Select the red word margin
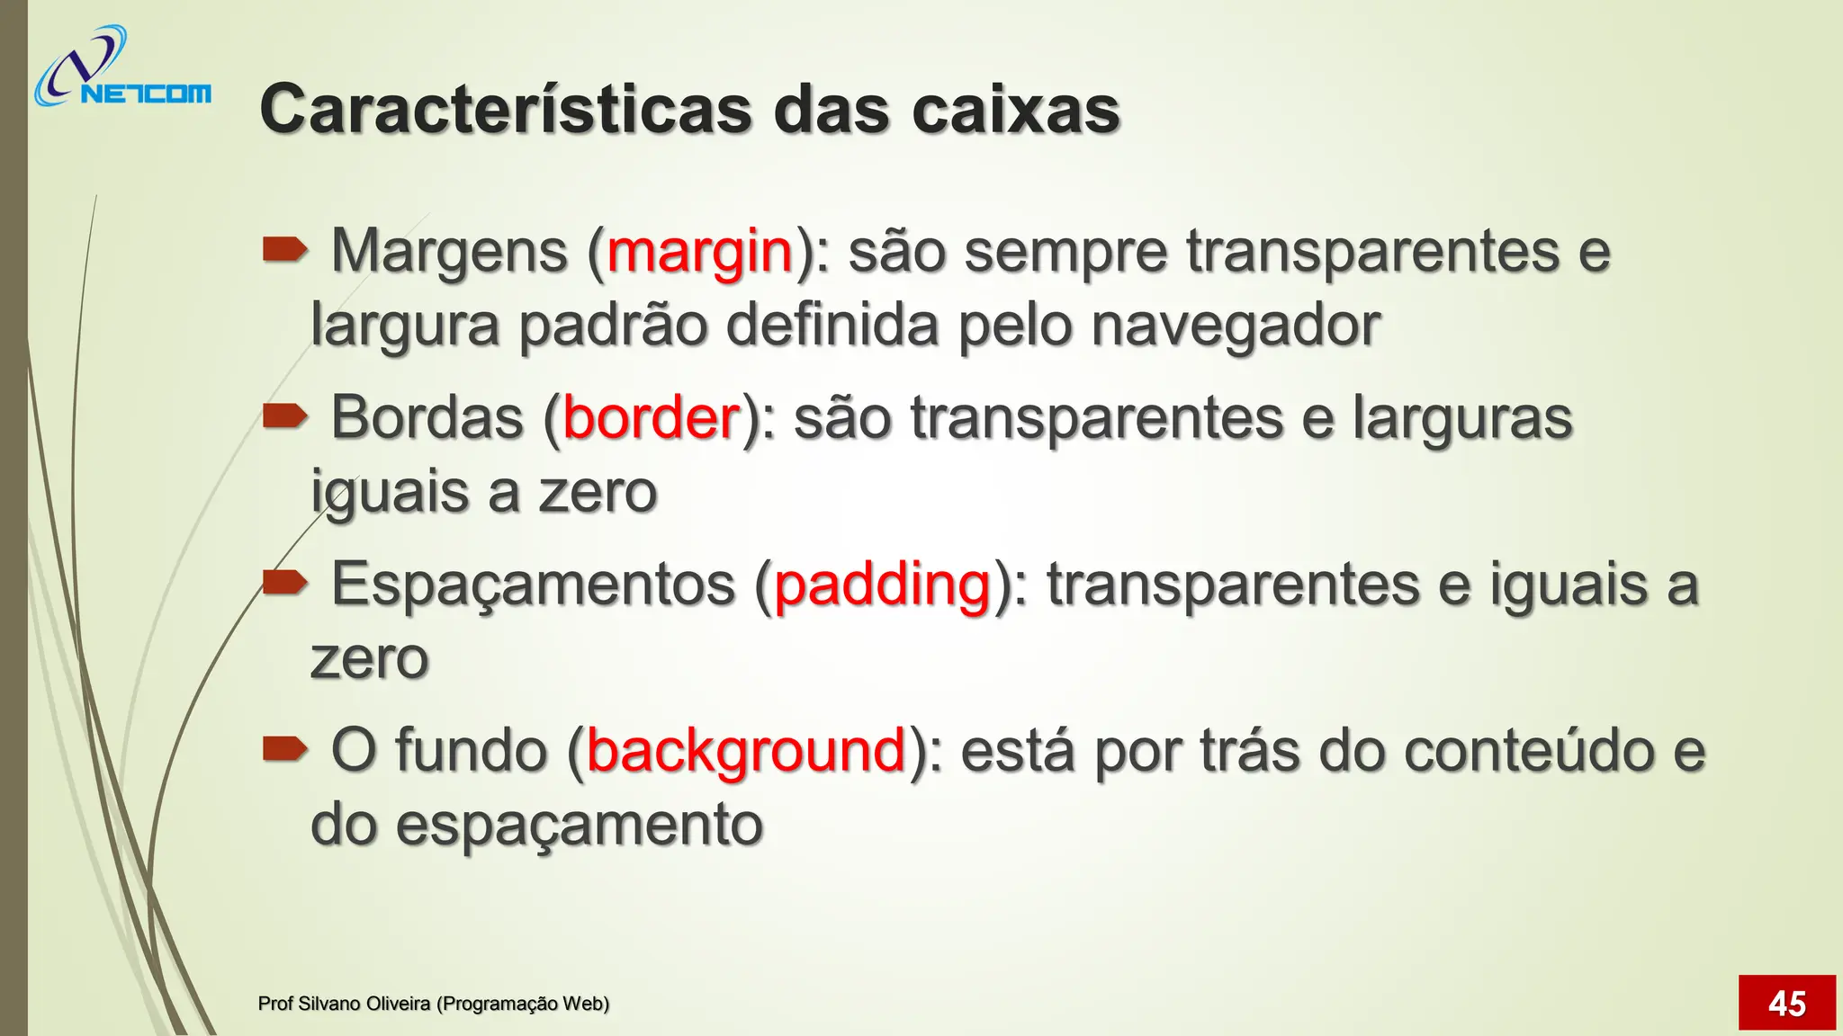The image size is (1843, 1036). pyautogui.click(x=699, y=252)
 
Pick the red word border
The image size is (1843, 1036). pyautogui.click(x=651, y=418)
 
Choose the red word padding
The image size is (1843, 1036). pyautogui.click(x=882, y=585)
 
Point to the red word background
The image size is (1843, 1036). pyautogui.click(x=745, y=751)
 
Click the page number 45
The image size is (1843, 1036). pyautogui.click(x=1786, y=1003)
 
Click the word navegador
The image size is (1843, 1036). pyautogui.click(x=1235, y=326)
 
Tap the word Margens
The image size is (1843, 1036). pyautogui.click(x=450, y=252)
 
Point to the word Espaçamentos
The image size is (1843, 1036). pyautogui.click(x=534, y=585)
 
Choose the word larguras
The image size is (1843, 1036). pyautogui.click(x=1461, y=418)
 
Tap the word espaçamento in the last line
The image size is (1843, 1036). pyautogui.click(x=580, y=826)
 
